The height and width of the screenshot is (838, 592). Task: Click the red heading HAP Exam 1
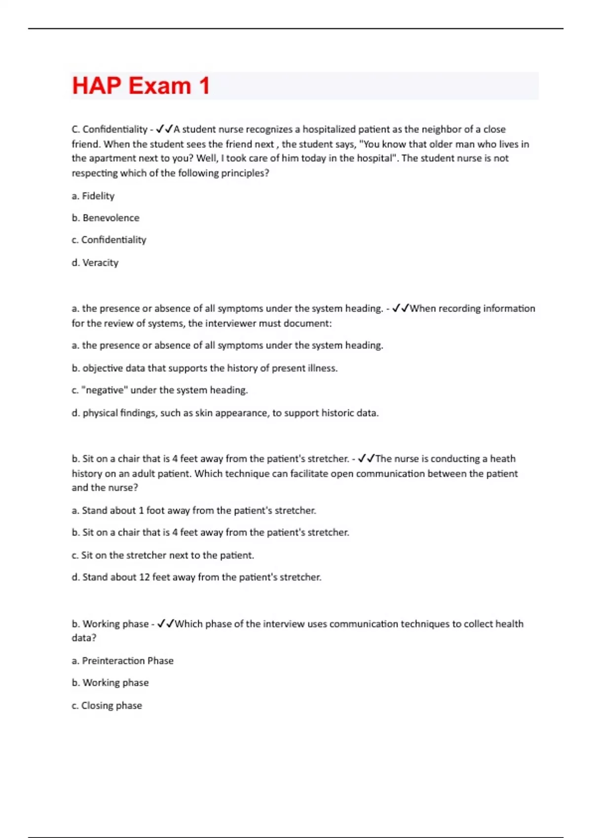[x=141, y=86]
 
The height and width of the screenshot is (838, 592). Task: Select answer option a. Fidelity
[x=93, y=196]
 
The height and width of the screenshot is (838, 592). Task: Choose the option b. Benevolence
[x=106, y=218]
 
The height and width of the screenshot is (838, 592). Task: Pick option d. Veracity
[x=95, y=263]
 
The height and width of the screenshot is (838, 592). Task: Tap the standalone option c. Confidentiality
[x=109, y=240]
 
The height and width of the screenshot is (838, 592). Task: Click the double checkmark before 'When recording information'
[x=400, y=309]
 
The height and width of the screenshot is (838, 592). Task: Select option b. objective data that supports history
[x=204, y=368]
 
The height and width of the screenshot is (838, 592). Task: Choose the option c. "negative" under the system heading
[x=159, y=390]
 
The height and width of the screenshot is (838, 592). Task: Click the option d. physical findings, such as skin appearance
[x=225, y=413]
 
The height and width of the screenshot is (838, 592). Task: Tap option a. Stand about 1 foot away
[x=193, y=511]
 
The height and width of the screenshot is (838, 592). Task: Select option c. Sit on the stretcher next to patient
[x=163, y=556]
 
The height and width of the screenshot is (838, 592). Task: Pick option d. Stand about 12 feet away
[x=196, y=577]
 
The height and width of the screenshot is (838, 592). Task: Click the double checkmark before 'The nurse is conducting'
[x=366, y=459]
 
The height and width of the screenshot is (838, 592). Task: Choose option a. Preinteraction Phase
[x=122, y=661]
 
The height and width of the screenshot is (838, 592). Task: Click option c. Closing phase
[x=107, y=706]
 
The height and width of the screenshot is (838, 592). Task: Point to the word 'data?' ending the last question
[x=84, y=638]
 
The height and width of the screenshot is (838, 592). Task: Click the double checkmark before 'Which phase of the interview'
[x=165, y=624]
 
